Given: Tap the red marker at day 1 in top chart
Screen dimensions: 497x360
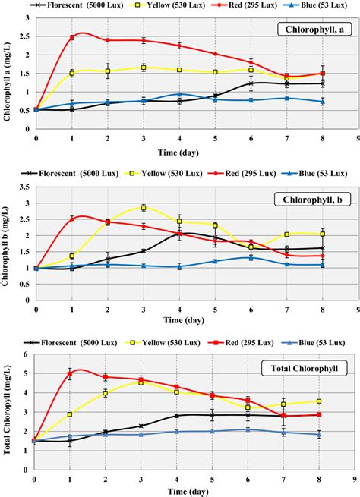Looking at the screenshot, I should [x=72, y=37].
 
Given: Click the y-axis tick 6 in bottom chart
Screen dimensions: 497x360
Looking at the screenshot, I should [x=27, y=355].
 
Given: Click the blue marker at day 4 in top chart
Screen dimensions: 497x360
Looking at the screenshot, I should [x=179, y=94].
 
